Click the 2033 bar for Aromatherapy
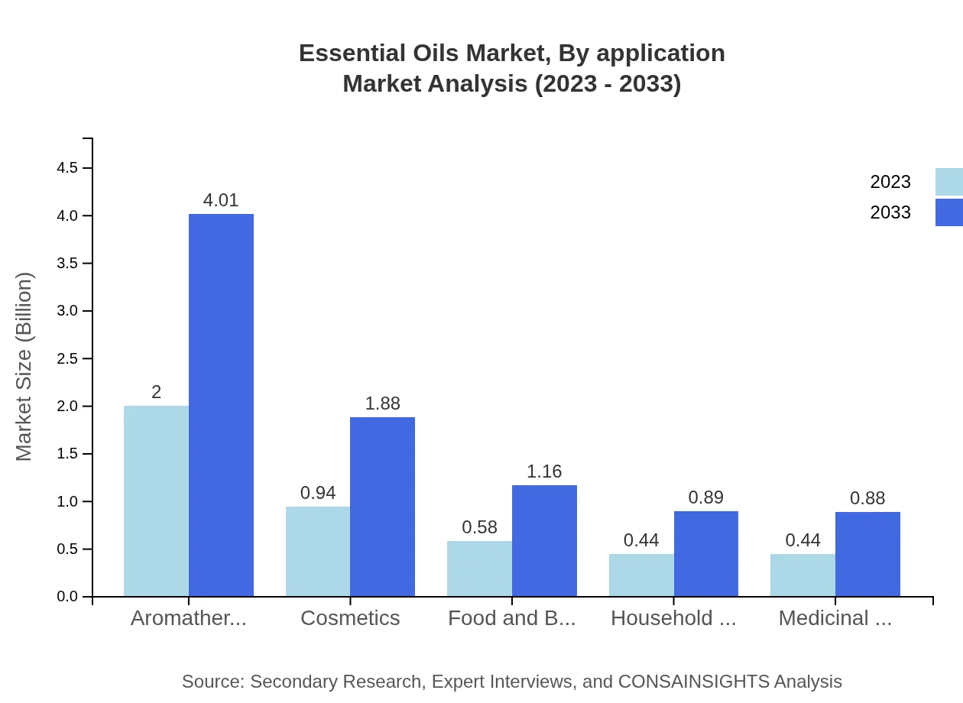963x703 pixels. point(221,405)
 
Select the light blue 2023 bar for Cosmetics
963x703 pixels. point(318,551)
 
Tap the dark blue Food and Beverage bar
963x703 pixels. point(544,540)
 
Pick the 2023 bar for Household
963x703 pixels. point(641,575)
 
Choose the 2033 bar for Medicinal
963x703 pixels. point(867,554)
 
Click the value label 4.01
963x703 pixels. point(221,200)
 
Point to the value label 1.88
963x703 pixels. point(382,403)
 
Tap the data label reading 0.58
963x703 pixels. point(479,527)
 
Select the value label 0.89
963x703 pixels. point(705,497)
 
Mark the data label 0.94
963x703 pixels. point(318,493)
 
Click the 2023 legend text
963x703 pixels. point(890,182)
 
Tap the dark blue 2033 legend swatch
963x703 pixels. point(949,212)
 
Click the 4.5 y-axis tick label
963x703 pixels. point(68,168)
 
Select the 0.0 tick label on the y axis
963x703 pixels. point(68,597)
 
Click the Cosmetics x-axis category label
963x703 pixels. point(350,618)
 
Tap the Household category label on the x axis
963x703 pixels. point(673,618)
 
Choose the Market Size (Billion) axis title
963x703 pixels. point(24,367)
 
